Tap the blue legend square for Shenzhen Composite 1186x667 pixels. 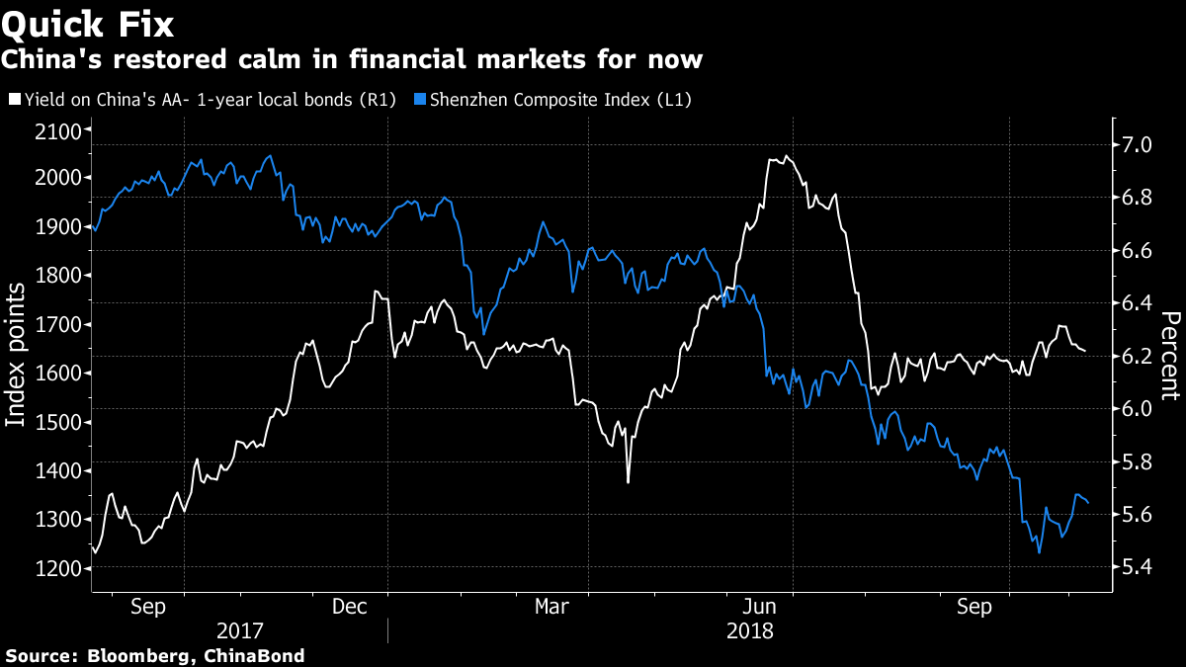[420, 100]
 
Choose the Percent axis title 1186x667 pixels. [1170, 356]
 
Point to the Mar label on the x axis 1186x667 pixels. [550, 606]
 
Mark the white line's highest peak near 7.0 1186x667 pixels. [786, 155]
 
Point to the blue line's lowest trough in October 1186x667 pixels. [1040, 552]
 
